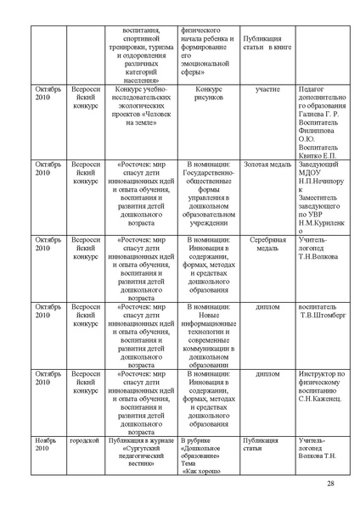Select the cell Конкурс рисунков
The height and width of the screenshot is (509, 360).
(208, 94)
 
